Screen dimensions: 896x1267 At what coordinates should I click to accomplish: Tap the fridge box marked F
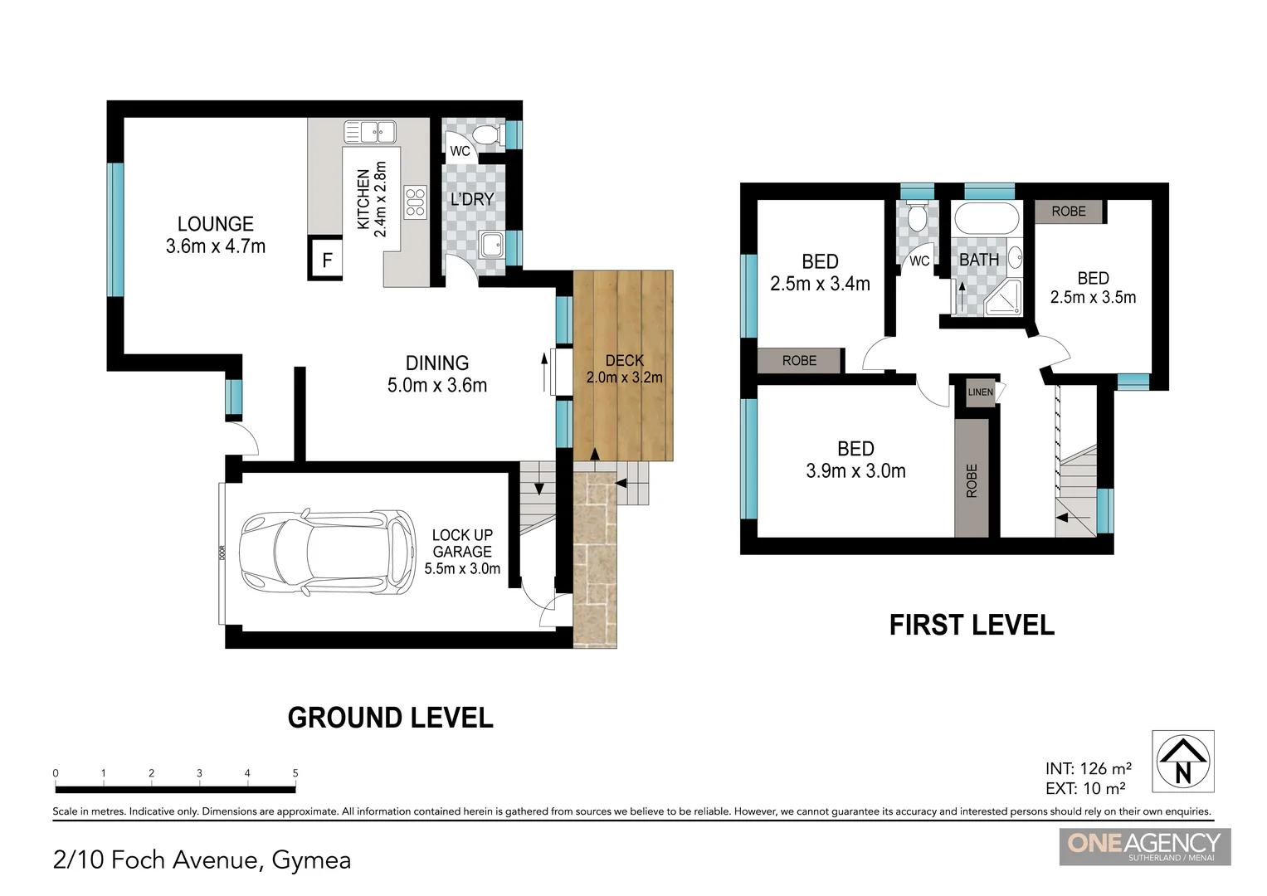point(326,260)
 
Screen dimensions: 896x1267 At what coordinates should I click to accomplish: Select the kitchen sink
point(370,132)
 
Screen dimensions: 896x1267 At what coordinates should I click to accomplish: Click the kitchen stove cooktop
point(415,202)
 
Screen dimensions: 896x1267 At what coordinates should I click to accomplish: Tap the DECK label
point(624,360)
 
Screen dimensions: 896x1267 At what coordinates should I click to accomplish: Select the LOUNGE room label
point(215,224)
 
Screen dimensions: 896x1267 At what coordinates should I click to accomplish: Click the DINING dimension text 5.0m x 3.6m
point(436,385)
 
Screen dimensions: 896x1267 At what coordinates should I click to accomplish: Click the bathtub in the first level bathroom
point(986,220)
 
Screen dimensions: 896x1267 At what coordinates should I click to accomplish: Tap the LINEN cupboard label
point(980,392)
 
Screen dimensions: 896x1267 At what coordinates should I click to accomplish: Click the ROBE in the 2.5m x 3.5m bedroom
point(1069,212)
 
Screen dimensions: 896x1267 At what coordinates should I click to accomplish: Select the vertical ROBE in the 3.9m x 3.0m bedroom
point(972,480)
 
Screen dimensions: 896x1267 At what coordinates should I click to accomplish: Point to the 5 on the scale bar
point(295,773)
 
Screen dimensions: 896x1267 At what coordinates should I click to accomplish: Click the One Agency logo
point(1144,846)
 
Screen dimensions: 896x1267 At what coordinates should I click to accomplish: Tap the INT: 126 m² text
point(1088,768)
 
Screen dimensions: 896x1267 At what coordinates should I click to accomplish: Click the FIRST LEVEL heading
point(971,625)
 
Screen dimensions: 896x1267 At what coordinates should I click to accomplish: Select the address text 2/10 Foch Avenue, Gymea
point(202,859)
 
